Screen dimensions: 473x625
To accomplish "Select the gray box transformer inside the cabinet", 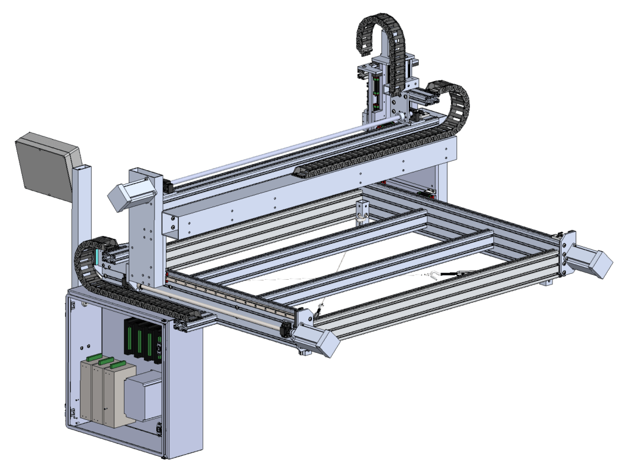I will coord(144,397).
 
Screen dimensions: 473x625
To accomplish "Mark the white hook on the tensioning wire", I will coord(434,276).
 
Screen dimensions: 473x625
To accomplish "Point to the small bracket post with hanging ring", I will coord(363,211).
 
